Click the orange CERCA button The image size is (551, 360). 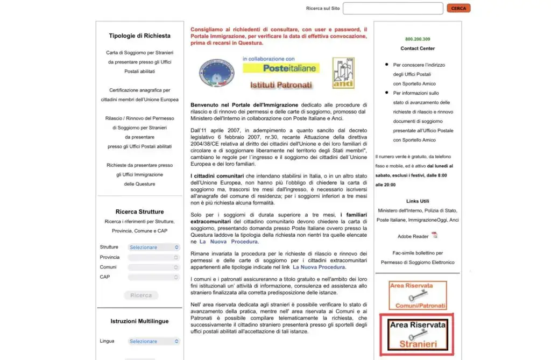[x=458, y=8]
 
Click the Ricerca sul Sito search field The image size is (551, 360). [x=393, y=8]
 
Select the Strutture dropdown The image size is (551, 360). [x=154, y=247]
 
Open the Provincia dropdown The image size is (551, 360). [x=154, y=257]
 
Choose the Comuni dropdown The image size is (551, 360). [x=154, y=267]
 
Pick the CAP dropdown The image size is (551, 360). [x=154, y=277]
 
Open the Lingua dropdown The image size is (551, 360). [x=154, y=341]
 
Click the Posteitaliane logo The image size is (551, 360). [x=281, y=68]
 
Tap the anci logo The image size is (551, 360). [x=343, y=73]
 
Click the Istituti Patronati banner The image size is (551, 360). [x=281, y=84]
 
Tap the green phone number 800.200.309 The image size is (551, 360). [x=418, y=39]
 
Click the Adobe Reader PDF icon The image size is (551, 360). [x=434, y=235]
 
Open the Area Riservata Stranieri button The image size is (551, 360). [x=418, y=334]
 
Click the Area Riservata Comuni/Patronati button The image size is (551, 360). [x=418, y=295]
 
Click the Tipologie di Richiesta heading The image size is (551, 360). [x=139, y=36]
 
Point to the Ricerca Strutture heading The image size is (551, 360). [x=139, y=212]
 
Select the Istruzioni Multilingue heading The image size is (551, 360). [x=139, y=321]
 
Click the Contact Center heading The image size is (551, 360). [x=418, y=48]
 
